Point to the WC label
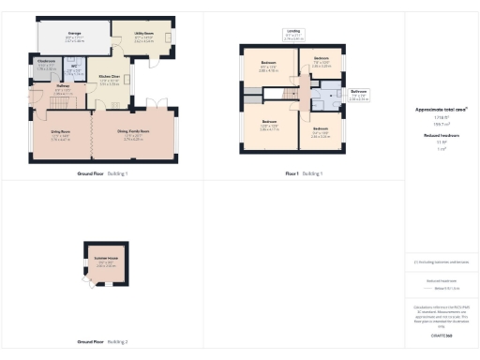(74, 69)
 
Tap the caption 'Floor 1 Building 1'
(304, 174)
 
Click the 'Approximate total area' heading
(441, 110)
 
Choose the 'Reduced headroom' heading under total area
(441, 135)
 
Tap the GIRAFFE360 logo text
(441, 335)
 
